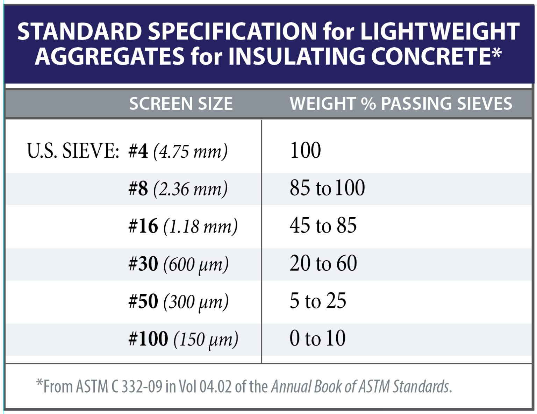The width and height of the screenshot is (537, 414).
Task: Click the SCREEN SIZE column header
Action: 181,104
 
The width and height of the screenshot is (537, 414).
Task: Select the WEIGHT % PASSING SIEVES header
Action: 401,104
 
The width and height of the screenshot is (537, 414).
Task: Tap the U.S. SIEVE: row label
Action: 73,151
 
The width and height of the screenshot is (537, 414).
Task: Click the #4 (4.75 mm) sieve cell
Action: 178,151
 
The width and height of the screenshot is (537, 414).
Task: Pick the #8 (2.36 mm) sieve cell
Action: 178,189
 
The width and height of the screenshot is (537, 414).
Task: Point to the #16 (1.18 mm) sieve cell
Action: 183,226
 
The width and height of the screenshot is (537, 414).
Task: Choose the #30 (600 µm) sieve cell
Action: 178,264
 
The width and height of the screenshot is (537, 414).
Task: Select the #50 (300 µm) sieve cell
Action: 178,301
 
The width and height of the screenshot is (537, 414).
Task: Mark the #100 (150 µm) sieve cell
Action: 183,339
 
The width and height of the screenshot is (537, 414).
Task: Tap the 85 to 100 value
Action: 327,188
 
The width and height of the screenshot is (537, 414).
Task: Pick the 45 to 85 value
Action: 323,225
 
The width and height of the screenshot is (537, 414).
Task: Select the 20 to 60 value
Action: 323,263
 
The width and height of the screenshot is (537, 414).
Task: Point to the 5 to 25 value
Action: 318,301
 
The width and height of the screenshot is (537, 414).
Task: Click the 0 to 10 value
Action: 317,338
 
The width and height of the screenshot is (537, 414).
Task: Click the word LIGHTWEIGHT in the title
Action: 440,31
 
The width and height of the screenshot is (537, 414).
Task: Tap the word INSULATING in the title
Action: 296,56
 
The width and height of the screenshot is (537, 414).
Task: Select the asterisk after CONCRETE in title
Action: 496,53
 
